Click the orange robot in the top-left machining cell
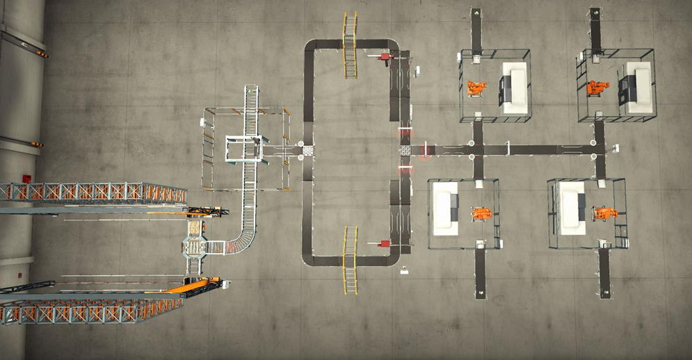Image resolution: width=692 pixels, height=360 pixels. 477,88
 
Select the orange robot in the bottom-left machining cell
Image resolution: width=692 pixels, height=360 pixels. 480,213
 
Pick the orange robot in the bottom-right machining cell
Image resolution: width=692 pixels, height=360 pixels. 604,213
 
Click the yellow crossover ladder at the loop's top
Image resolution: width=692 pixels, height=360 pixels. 350,44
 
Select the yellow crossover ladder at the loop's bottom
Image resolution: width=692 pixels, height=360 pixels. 350,259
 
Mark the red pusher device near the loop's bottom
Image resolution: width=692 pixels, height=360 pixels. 383,243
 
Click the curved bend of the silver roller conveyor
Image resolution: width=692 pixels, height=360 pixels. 241,240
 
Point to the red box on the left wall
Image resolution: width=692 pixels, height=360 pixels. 26,178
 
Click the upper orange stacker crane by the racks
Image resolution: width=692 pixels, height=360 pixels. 206,211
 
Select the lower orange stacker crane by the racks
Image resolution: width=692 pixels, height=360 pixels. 205,284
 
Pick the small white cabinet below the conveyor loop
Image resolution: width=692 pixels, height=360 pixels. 404,270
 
